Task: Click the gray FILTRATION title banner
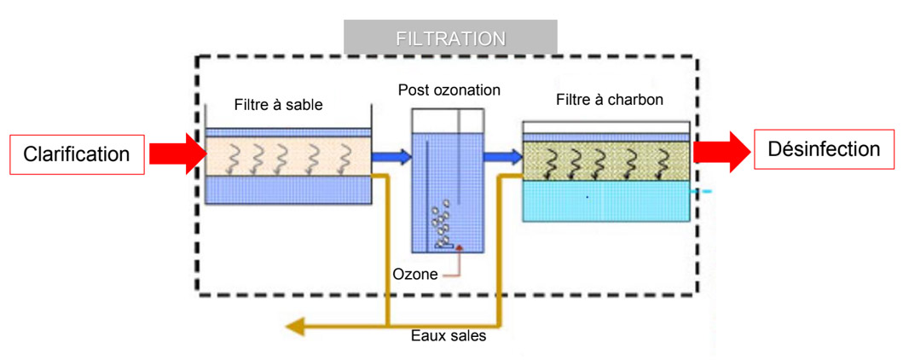[x=450, y=38]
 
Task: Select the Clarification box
[x=77, y=154]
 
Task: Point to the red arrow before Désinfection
[x=721, y=151]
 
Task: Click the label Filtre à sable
[x=278, y=105]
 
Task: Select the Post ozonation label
[x=449, y=90]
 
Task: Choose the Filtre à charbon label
[x=610, y=100]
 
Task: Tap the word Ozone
[x=415, y=274]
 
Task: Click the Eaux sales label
[x=449, y=336]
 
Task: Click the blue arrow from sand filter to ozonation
[x=393, y=157]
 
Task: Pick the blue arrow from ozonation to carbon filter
[x=502, y=157]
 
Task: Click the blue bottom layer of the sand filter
[x=288, y=189]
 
